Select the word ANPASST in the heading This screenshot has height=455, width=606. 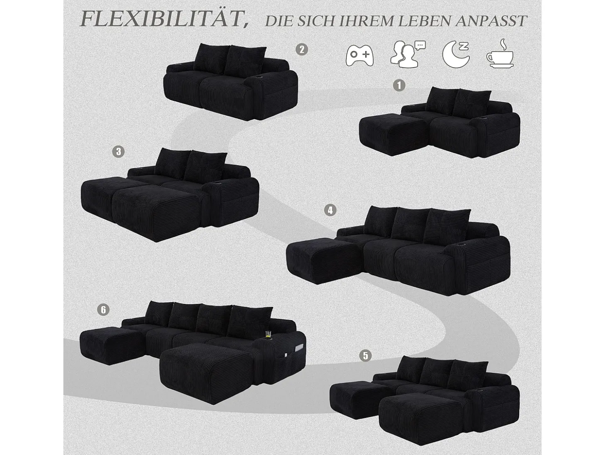click(491, 21)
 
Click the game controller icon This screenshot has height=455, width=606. click(359, 55)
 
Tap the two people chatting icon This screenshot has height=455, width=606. click(408, 54)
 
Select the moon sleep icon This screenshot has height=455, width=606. click(456, 54)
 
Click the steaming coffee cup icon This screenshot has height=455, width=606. click(500, 54)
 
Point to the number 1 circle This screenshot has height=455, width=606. click(399, 86)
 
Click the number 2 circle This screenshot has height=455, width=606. click(301, 50)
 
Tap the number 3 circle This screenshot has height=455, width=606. click(118, 152)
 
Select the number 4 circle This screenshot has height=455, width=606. click(330, 210)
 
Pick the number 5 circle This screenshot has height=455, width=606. click(365, 356)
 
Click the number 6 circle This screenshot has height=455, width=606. click(103, 310)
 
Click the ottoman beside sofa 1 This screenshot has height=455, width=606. click(393, 134)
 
